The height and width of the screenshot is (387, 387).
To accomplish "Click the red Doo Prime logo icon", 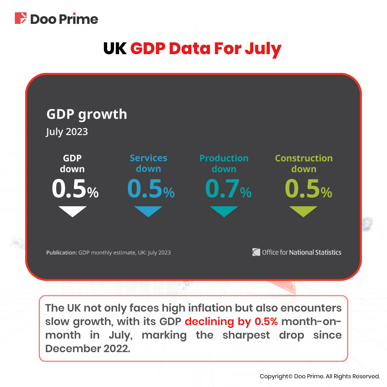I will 20,18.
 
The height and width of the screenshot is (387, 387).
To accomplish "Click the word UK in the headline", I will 115,49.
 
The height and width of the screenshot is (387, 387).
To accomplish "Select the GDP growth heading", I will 87,114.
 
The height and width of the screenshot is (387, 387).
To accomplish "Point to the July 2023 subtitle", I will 67,132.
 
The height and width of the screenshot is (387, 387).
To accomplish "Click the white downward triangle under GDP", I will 73,211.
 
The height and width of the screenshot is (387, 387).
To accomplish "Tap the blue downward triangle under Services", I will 148,211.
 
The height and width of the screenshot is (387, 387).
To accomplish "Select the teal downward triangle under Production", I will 224,211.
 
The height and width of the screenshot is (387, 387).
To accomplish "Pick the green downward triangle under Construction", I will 303,211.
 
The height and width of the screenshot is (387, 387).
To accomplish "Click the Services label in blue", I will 148,158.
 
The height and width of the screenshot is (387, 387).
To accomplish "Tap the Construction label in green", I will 303,158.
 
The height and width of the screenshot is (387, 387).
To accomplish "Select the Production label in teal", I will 224,158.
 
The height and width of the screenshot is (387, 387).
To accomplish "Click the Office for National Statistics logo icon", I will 256,252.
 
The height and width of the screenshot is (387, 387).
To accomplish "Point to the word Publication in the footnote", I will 61,253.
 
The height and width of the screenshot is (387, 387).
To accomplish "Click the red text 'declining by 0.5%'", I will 231,322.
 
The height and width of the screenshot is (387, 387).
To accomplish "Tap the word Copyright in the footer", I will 274,376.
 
